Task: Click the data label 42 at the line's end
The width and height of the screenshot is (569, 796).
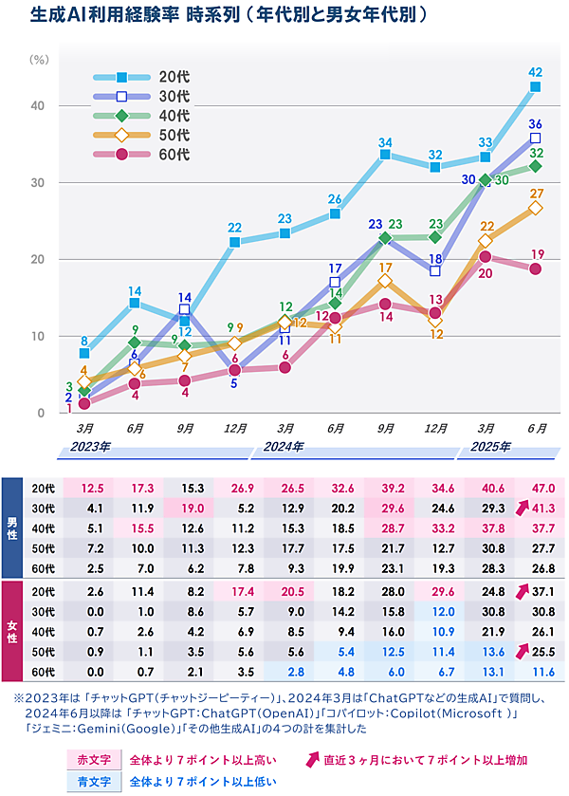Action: tap(535, 72)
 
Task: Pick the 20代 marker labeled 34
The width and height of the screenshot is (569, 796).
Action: tap(386, 155)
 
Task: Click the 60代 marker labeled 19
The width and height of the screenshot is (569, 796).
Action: tap(535, 268)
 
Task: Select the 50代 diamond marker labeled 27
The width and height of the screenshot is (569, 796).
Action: tap(535, 208)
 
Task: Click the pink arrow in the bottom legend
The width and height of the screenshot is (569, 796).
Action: tap(309, 759)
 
